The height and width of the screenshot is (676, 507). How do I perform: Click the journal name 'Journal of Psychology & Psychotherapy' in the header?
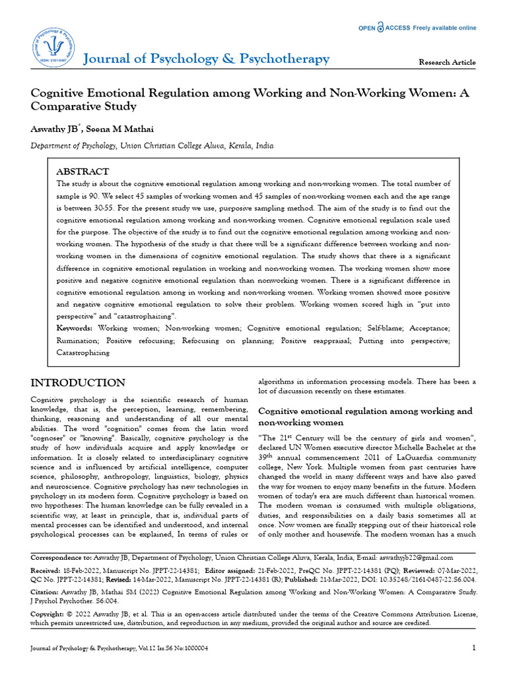tap(206, 59)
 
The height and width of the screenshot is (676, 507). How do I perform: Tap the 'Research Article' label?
tap(447, 62)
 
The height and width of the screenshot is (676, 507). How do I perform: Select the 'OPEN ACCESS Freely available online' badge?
tap(417, 28)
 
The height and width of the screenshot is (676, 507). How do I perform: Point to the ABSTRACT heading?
tap(82, 171)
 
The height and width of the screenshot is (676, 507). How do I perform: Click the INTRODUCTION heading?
tap(79, 383)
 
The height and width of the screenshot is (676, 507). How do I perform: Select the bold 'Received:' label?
tap(48, 569)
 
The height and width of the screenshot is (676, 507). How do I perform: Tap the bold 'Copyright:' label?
tap(51, 614)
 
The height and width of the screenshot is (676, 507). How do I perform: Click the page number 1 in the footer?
tap(474, 648)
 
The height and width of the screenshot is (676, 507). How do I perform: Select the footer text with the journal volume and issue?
tap(119, 648)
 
